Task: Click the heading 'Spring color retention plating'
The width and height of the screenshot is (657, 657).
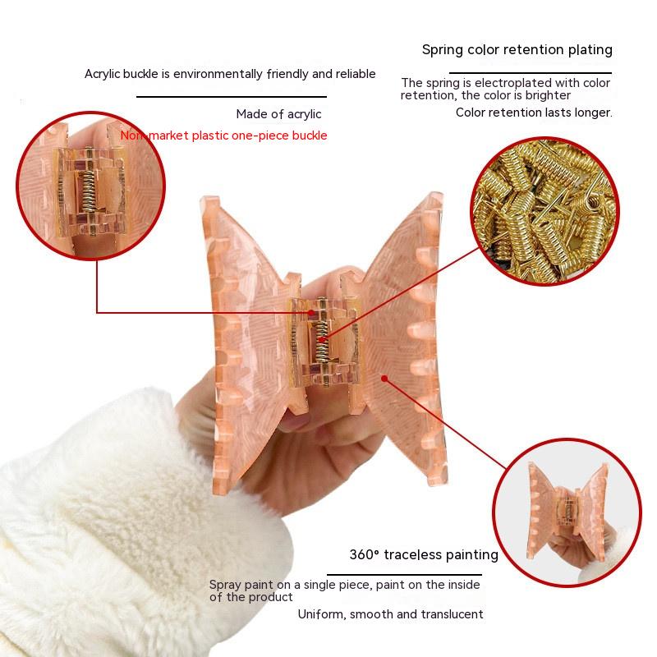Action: click(x=517, y=50)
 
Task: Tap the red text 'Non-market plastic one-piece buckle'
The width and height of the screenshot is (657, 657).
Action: click(x=223, y=136)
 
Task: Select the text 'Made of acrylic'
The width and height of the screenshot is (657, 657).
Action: click(x=278, y=114)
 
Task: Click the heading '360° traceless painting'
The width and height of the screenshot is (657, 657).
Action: click(x=424, y=555)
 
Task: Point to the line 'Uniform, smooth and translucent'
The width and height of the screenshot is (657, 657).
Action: click(x=391, y=614)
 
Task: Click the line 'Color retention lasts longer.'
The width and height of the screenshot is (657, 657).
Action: click(x=535, y=113)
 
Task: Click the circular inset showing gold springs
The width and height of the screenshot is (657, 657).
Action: click(x=544, y=211)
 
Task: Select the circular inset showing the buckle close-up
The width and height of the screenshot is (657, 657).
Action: click(x=91, y=186)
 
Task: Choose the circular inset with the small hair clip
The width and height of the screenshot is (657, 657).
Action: click(x=567, y=512)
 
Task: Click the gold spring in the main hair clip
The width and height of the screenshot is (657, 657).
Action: click(x=322, y=330)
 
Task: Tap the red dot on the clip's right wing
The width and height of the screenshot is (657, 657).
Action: click(x=384, y=379)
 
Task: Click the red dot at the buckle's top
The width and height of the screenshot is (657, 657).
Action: click(x=310, y=313)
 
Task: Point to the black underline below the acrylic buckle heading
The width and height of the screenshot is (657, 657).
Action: click(x=232, y=97)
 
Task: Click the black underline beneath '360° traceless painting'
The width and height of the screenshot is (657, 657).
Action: click(x=404, y=575)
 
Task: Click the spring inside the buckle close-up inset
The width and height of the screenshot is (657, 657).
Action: click(x=89, y=179)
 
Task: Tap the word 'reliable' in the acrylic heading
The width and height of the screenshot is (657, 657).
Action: click(x=356, y=74)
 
